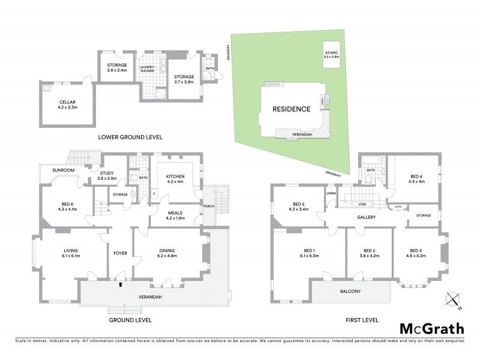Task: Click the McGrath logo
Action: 432,328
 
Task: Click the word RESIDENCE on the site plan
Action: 292,109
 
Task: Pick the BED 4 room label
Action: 416,178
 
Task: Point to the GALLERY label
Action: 365,217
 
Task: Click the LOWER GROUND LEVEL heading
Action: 131,137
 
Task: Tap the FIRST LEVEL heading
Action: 362,320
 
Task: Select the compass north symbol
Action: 453,299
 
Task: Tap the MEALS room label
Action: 176,215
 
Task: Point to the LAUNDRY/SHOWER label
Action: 147,69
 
